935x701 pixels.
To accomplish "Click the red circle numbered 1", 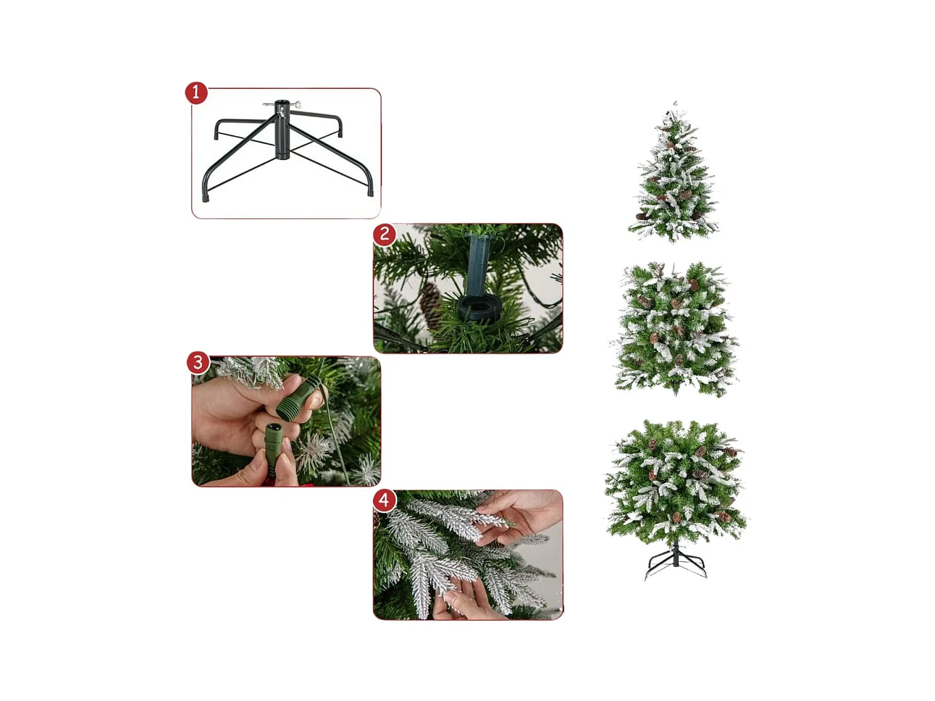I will click(x=196, y=92).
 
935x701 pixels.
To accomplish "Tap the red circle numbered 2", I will click(x=385, y=234).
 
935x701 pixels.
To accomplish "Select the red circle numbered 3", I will click(x=198, y=362).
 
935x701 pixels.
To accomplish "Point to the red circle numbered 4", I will click(x=384, y=500).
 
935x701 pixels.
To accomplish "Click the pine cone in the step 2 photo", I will click(x=431, y=303).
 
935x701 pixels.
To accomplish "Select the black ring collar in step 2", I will click(x=479, y=308).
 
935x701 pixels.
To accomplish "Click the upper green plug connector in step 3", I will click(x=294, y=400).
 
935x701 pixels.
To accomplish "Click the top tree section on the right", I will click(x=674, y=178).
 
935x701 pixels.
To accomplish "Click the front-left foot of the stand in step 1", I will click(x=206, y=197).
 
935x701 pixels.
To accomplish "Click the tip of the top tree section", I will click(x=675, y=103).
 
